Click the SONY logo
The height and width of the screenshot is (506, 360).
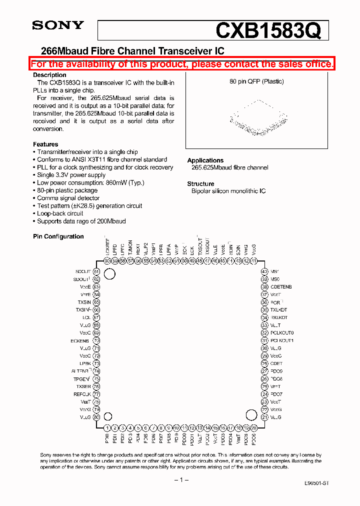58,26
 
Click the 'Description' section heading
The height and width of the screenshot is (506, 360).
49,75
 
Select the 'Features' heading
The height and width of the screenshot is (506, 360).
45,144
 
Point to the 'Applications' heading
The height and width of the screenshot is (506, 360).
205,160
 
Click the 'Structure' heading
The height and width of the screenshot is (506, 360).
200,184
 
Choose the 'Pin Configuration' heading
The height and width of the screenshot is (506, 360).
58,236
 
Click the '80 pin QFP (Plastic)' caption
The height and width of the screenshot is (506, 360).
256,81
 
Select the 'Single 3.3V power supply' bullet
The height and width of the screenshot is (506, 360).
71,175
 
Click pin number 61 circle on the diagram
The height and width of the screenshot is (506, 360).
96,271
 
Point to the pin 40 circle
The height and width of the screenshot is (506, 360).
264,271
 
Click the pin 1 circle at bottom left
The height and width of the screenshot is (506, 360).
107,428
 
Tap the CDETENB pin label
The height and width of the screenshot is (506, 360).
281,287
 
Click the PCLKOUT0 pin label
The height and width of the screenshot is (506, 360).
282,333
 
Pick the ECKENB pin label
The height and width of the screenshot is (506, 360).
80,340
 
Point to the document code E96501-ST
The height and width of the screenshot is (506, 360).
316,484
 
